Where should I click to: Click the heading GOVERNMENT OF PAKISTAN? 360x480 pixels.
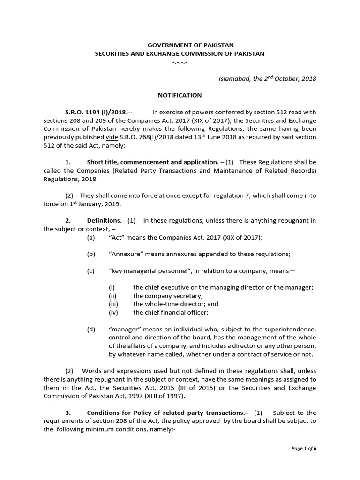180,45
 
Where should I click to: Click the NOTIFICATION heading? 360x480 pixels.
180,95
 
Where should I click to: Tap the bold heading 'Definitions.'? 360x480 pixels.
104,220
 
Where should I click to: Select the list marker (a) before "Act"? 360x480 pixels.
91,238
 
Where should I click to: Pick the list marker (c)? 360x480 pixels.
91,271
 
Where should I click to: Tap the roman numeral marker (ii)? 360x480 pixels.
112,296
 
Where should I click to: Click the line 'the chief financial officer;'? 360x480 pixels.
171,312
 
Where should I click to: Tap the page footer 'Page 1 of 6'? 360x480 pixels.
304,462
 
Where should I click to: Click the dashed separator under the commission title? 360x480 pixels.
180,62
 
